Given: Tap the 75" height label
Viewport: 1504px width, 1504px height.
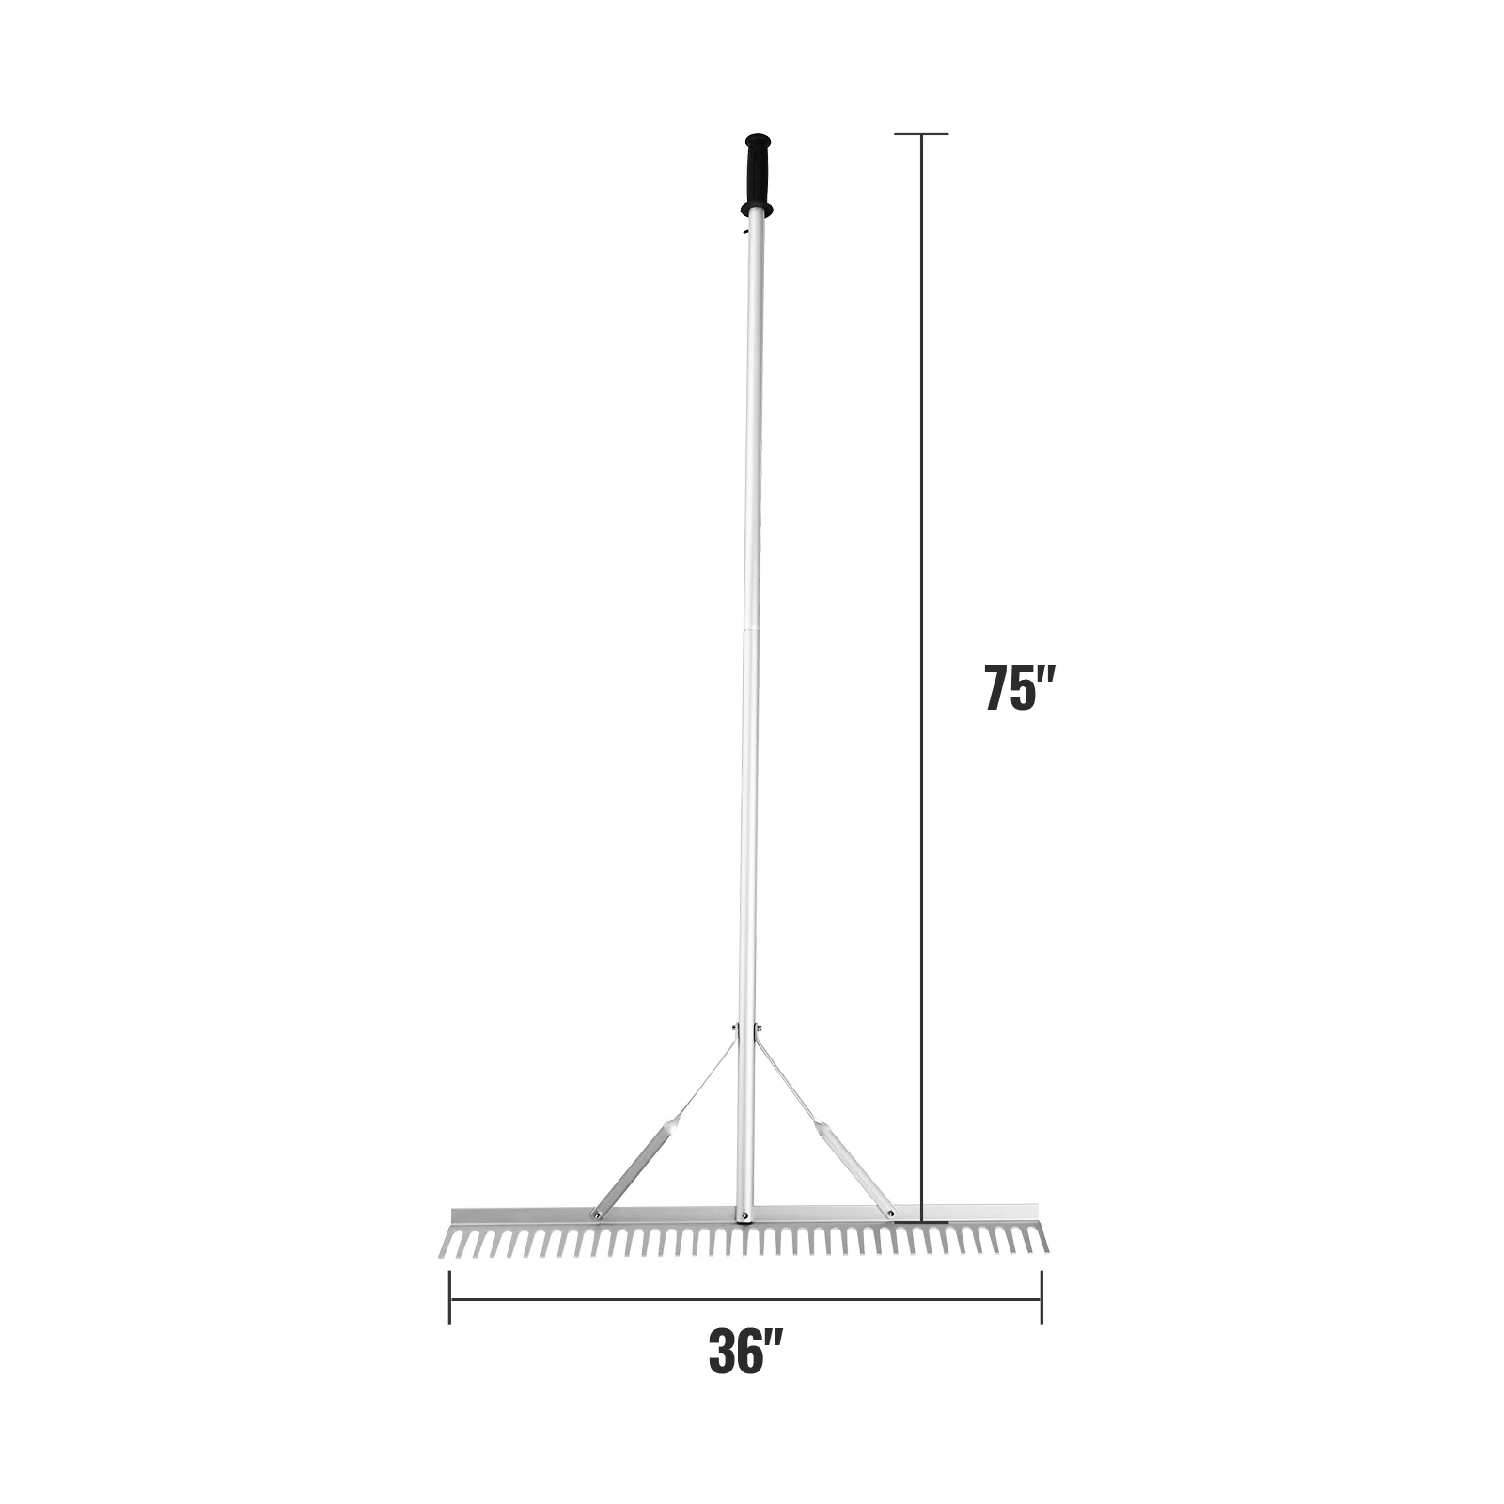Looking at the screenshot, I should coord(1021,688).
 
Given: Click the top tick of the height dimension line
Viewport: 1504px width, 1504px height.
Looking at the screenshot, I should coord(921,134).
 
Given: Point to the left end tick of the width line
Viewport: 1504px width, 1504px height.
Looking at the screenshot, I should coord(450,1298).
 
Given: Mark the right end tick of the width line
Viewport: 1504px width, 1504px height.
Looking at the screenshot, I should coord(1042,1298).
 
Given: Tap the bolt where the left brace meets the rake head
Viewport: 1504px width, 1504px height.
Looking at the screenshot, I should coord(595,1214).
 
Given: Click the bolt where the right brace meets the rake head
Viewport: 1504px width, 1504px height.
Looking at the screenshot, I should coord(890,1214).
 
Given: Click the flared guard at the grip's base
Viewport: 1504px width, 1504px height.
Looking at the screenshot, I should coord(754,208).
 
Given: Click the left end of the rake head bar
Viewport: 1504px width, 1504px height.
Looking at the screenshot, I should coord(456,1215).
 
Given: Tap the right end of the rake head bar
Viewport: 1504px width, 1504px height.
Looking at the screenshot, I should coord(1036,1215).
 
